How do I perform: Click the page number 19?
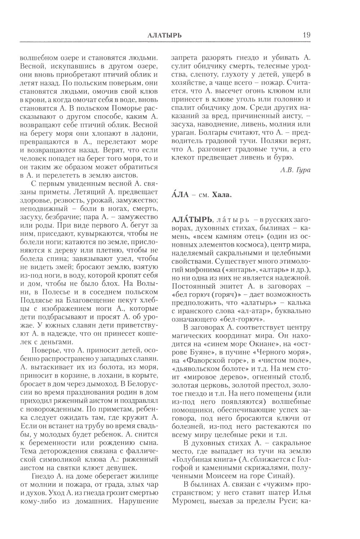click(306, 35)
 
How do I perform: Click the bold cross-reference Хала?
click(222, 195)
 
